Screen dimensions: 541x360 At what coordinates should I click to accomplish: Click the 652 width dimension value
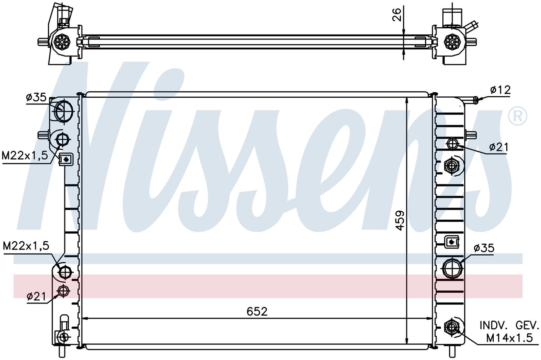point(257,311)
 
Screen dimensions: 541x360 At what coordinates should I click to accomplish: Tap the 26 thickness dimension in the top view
point(397,15)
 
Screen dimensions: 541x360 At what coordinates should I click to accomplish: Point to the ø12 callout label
point(500,90)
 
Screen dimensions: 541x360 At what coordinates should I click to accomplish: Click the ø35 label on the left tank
point(36,98)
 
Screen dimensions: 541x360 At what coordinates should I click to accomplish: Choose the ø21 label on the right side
point(499,147)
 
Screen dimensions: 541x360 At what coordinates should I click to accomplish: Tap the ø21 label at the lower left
point(36,296)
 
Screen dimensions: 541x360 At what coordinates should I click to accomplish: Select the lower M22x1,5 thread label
point(26,246)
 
